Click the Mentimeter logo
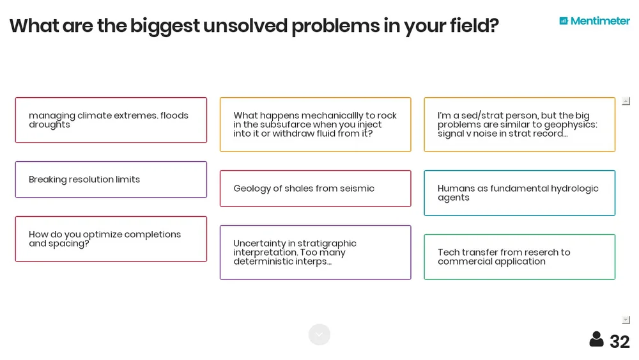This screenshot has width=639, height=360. pos(594,21)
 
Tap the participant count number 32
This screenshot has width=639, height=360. pos(619,341)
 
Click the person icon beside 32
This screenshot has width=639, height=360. pos(596,340)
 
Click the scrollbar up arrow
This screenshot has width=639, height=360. pos(626,101)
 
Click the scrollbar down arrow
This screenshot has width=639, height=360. pos(626,320)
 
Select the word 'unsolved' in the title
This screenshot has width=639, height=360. pos(245,26)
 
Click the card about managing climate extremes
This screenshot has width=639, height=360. pos(111,120)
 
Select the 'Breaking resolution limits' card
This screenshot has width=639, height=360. pos(111,180)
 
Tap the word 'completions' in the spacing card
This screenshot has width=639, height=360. pos(152,235)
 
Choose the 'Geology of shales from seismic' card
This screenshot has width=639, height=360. pos(315,189)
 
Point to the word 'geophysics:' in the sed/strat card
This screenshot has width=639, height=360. pos(570,125)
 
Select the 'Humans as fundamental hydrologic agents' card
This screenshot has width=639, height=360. pos(519,193)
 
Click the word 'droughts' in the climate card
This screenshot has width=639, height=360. pos(49,125)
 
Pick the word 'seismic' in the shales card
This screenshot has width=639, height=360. pos(357,189)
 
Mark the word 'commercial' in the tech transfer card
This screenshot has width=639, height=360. pos(461,262)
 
